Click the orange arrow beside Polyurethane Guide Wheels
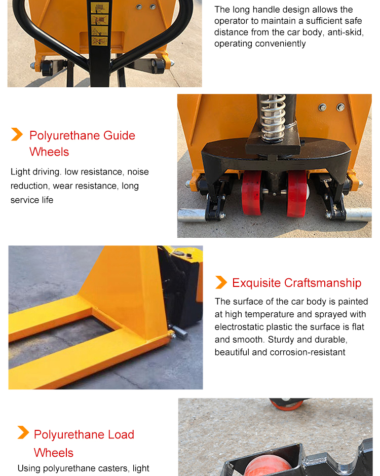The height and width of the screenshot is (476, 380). click(x=17, y=134)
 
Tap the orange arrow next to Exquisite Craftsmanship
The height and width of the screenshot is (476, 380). click(x=221, y=282)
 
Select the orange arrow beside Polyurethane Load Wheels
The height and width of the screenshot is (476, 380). click(x=23, y=432)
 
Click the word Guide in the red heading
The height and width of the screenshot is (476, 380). click(x=119, y=135)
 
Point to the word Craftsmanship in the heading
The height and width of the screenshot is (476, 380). click(x=323, y=283)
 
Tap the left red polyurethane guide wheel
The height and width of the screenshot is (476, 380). click(x=252, y=193)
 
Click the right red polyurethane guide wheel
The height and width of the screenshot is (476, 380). click(x=296, y=194)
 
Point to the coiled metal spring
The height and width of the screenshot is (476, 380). click(x=273, y=118)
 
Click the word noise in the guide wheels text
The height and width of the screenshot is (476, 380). click(x=138, y=172)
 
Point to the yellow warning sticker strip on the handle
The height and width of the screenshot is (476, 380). click(x=99, y=24)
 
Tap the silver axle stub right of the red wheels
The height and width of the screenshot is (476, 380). click(x=358, y=214)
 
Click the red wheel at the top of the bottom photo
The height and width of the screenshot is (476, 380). click(x=286, y=404)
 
